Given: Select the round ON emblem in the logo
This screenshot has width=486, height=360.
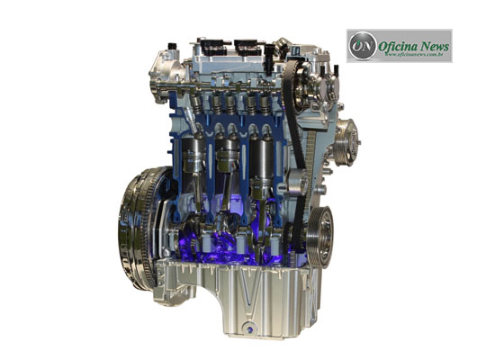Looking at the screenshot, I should click(362, 45).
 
